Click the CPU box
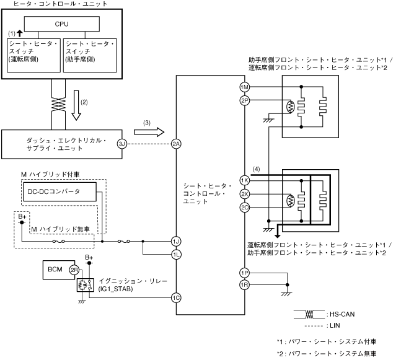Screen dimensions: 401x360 click(x=61, y=24)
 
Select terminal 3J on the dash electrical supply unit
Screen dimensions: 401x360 click(x=122, y=144)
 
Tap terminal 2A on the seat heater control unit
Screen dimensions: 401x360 click(x=176, y=144)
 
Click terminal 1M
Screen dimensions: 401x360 click(x=245, y=87)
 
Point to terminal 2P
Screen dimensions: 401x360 click(x=245, y=100)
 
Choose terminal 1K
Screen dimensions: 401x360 click(x=245, y=180)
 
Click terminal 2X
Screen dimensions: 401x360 click(x=245, y=194)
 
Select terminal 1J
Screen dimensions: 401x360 click(x=176, y=241)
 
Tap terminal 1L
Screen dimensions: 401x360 click(x=176, y=255)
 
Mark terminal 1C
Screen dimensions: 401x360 click(x=176, y=297)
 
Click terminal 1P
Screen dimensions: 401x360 click(x=245, y=273)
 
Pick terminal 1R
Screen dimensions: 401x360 click(x=245, y=284)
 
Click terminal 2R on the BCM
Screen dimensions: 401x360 click(x=74, y=270)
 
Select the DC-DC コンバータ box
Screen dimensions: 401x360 click(x=60, y=191)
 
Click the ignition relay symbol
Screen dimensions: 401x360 click(x=86, y=285)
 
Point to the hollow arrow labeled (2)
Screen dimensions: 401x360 click(x=76, y=105)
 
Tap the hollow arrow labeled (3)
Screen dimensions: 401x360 click(x=149, y=132)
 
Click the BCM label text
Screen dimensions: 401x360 click(x=55, y=270)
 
